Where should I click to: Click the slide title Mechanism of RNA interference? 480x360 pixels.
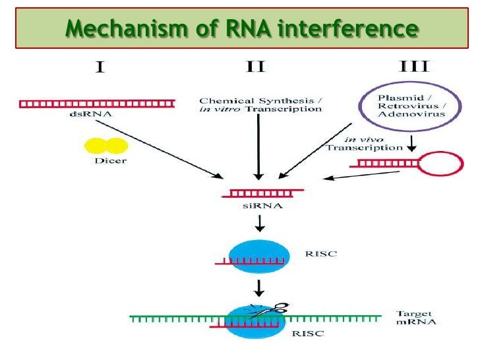(x=242, y=28)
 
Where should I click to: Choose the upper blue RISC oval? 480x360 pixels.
(x=258, y=256)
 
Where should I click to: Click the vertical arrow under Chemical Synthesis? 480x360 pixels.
(x=259, y=148)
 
